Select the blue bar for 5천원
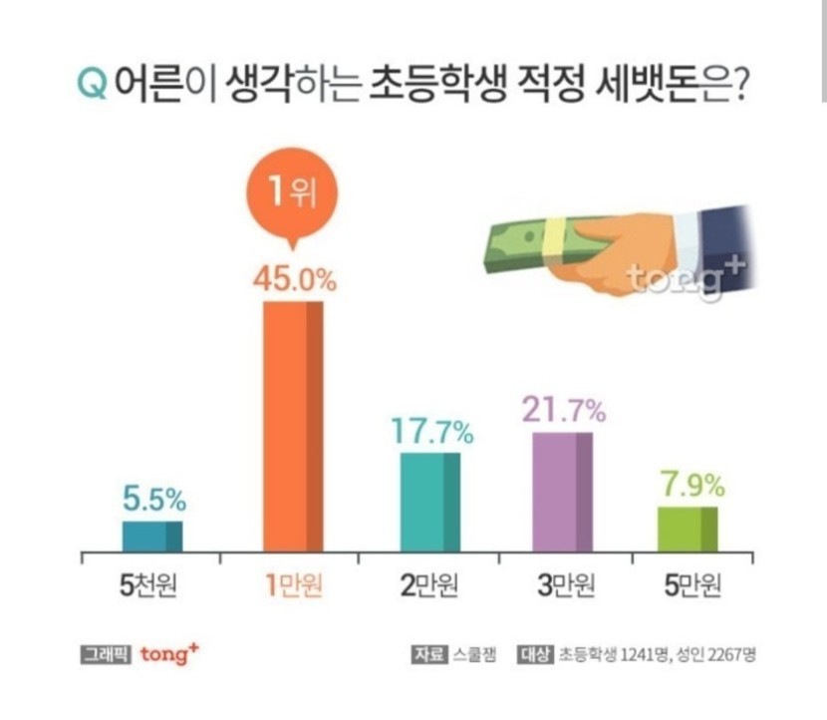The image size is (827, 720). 151,536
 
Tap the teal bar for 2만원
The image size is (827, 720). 430,502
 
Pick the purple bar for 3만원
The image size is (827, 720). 563,492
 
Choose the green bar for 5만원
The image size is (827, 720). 688,529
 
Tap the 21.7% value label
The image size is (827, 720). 562,409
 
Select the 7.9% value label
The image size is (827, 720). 689,487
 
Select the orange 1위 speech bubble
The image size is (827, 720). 292,192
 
